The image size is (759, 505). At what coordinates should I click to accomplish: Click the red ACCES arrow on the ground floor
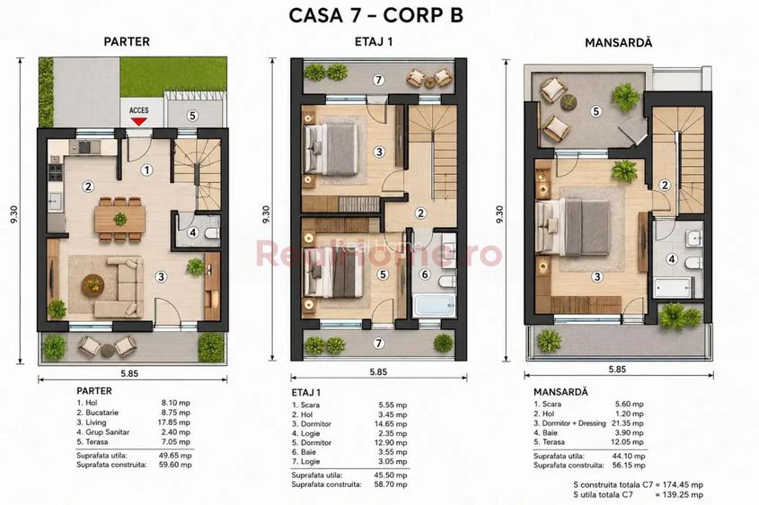tap(139, 121)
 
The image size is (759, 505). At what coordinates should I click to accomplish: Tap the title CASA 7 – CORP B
tap(376, 15)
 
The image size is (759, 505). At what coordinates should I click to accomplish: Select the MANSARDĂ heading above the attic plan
tap(618, 42)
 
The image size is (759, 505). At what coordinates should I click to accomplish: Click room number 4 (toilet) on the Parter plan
tap(192, 232)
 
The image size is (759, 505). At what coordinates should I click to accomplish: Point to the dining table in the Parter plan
tap(120, 219)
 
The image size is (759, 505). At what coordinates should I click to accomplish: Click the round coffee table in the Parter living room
tap(93, 284)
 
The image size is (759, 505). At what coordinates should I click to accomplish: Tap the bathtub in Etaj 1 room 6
tap(434, 305)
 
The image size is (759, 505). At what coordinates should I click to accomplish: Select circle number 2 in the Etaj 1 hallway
tap(420, 213)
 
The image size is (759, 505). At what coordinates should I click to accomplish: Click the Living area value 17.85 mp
tap(175, 422)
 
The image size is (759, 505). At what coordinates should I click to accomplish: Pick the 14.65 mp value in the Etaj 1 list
tap(393, 423)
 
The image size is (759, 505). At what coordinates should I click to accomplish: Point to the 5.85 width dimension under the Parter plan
tap(129, 373)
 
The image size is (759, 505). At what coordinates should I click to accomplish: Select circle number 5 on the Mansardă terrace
tap(596, 111)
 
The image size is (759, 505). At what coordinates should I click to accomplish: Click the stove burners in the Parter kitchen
tap(55, 171)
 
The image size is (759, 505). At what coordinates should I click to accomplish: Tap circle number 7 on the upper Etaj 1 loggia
tap(378, 80)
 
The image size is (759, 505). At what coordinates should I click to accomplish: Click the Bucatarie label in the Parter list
tap(101, 413)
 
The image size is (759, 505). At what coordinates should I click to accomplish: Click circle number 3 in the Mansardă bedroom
tap(596, 276)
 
